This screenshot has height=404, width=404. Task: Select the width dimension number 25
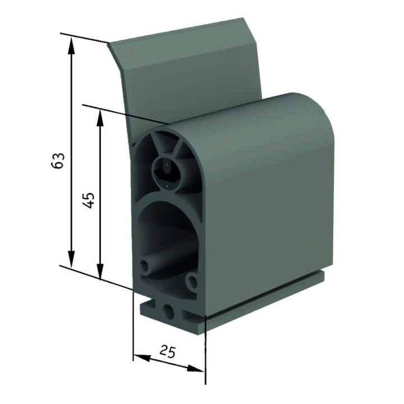pos(167,351)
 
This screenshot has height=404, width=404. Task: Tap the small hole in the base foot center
pos(168,310)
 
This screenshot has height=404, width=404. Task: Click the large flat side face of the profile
pos(264,208)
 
